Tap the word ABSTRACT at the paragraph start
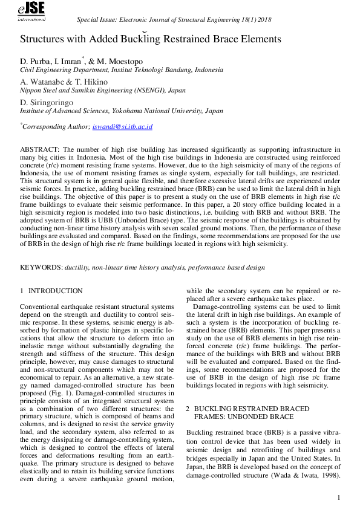pyautogui.click(x=39, y=149)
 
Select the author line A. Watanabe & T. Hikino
pyautogui.click(x=64, y=82)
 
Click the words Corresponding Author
pyautogui.click(x=56, y=127)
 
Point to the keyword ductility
pyautogui.click(x=77, y=267)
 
